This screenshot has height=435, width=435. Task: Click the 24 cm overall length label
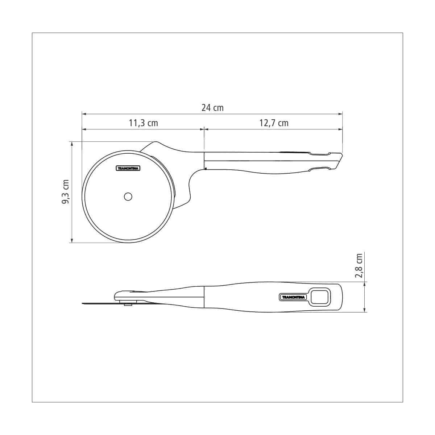pyautogui.click(x=212, y=108)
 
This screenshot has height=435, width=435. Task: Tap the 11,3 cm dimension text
pyautogui.click(x=143, y=123)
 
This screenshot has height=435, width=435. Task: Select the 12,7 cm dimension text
pyautogui.click(x=274, y=123)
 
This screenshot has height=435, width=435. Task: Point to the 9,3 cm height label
pyautogui.click(x=66, y=192)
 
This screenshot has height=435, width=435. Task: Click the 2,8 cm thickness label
pyautogui.click(x=359, y=266)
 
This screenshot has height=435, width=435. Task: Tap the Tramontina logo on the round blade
pyautogui.click(x=128, y=169)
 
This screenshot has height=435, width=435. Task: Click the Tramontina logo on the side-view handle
pyautogui.click(x=293, y=297)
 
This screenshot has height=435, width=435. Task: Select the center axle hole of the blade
pyautogui.click(x=128, y=197)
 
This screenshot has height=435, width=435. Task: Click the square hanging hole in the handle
pyautogui.click(x=320, y=297)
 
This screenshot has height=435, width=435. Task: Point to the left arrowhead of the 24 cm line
pyautogui.click(x=84, y=114)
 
